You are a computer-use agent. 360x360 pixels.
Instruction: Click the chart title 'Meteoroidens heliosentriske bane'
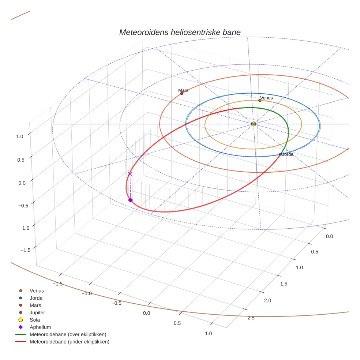pos(180,32)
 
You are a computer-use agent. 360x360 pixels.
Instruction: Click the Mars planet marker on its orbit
pos(181,93)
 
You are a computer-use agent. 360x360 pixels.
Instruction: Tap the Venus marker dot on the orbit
pos(260,100)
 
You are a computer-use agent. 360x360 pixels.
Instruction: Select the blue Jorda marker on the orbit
pos(281,154)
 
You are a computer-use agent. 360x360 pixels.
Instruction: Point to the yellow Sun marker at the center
pos(254,124)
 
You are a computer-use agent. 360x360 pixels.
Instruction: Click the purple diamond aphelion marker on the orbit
pos(130,200)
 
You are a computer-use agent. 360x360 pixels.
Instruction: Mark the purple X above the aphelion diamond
pos(130,174)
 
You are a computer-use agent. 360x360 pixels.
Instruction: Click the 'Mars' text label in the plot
pos(183,90)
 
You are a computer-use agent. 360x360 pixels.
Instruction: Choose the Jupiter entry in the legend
pos(37,312)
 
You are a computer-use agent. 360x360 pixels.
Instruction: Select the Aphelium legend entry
pos(40,327)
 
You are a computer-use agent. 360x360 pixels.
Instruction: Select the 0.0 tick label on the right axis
pos(329,236)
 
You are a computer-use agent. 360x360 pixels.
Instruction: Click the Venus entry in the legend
pos(37,290)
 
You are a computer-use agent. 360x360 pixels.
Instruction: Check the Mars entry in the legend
pos(35,305)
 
